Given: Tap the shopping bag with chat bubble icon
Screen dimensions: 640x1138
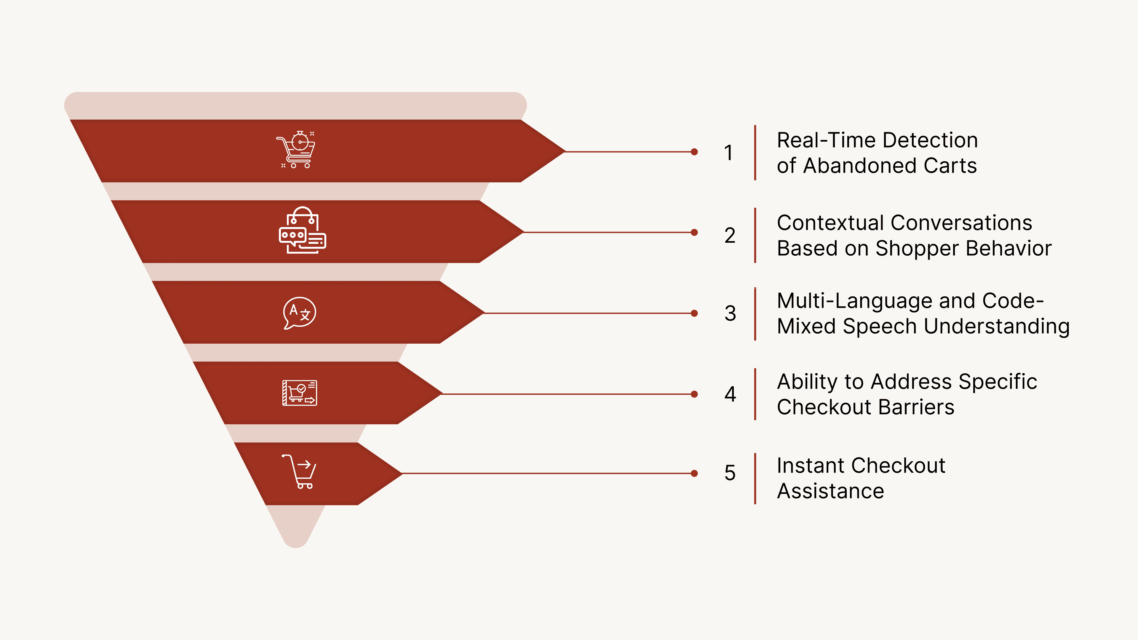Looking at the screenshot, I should point(303,231).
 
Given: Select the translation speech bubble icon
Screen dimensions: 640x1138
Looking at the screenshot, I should point(300,313).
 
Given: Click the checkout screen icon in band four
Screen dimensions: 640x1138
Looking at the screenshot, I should point(300,393).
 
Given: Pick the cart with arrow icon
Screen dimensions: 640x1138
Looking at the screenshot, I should point(300,472).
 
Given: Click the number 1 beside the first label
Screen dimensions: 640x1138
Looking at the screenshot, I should point(728,153).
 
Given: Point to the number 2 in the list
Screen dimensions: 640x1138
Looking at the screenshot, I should point(730,235).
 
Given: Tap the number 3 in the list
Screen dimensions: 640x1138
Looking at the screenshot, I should point(730,313).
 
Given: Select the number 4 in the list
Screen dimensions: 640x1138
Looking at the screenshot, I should point(730,394).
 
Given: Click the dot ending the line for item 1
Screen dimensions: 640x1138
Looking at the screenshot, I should point(694,152).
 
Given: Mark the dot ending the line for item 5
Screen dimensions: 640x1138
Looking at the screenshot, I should point(694,473).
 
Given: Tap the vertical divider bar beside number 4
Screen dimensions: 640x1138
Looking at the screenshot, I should point(755,394).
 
